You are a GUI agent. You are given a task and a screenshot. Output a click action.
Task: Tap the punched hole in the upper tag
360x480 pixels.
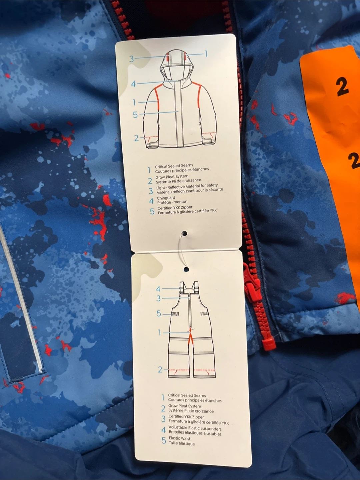[184, 234]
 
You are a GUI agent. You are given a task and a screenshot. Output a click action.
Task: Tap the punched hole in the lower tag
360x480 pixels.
[186, 269]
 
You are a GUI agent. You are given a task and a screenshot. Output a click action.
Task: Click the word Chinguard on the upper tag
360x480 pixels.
[166, 198]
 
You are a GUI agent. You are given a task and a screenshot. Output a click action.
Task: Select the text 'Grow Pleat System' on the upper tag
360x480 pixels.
[172, 177]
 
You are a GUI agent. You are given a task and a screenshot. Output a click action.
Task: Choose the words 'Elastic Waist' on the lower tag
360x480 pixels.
[179, 438]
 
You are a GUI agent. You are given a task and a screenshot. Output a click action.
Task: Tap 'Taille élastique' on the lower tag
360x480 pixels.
[181, 443]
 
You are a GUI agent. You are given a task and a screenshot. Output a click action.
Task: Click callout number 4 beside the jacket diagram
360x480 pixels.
[133, 84]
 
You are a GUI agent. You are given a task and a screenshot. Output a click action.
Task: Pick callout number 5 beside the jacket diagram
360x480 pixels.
[135, 115]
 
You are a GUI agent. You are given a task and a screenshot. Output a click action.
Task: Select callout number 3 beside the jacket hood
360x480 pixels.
[131, 59]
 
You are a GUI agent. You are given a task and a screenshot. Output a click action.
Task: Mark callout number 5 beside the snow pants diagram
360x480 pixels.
[159, 314]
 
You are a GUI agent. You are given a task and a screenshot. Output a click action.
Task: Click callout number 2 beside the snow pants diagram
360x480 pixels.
[160, 370]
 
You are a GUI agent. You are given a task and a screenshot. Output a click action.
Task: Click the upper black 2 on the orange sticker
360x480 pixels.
[342, 87]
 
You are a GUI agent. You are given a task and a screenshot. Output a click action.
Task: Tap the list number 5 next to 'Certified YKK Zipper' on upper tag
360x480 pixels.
[152, 211]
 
